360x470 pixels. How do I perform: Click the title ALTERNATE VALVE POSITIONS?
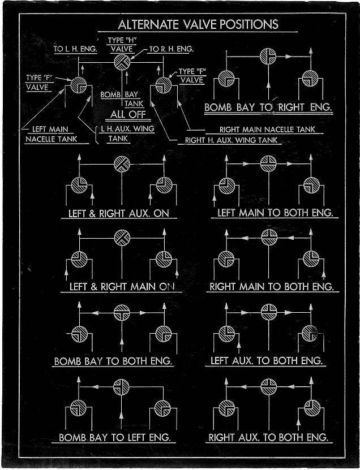tap(198, 24)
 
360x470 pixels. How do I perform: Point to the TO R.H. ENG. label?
tap(171, 49)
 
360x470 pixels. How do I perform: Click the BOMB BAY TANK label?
tap(122, 99)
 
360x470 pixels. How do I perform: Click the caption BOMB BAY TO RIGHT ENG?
tap(268, 107)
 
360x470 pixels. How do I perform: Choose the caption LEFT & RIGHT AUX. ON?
tap(119, 214)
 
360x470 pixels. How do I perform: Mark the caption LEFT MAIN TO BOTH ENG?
tap(274, 214)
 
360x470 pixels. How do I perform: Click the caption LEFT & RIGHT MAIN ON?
tap(122, 287)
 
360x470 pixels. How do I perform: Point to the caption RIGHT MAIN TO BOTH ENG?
tap(271, 287)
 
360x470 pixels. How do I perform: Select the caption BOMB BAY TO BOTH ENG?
tap(113, 361)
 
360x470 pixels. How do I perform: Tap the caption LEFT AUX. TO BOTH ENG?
tap(267, 360)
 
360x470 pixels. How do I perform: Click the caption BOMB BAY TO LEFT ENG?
tap(115, 438)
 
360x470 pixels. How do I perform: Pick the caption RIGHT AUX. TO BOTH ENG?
tap(268, 438)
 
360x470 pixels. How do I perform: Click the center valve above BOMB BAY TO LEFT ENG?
tap(120, 387)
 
